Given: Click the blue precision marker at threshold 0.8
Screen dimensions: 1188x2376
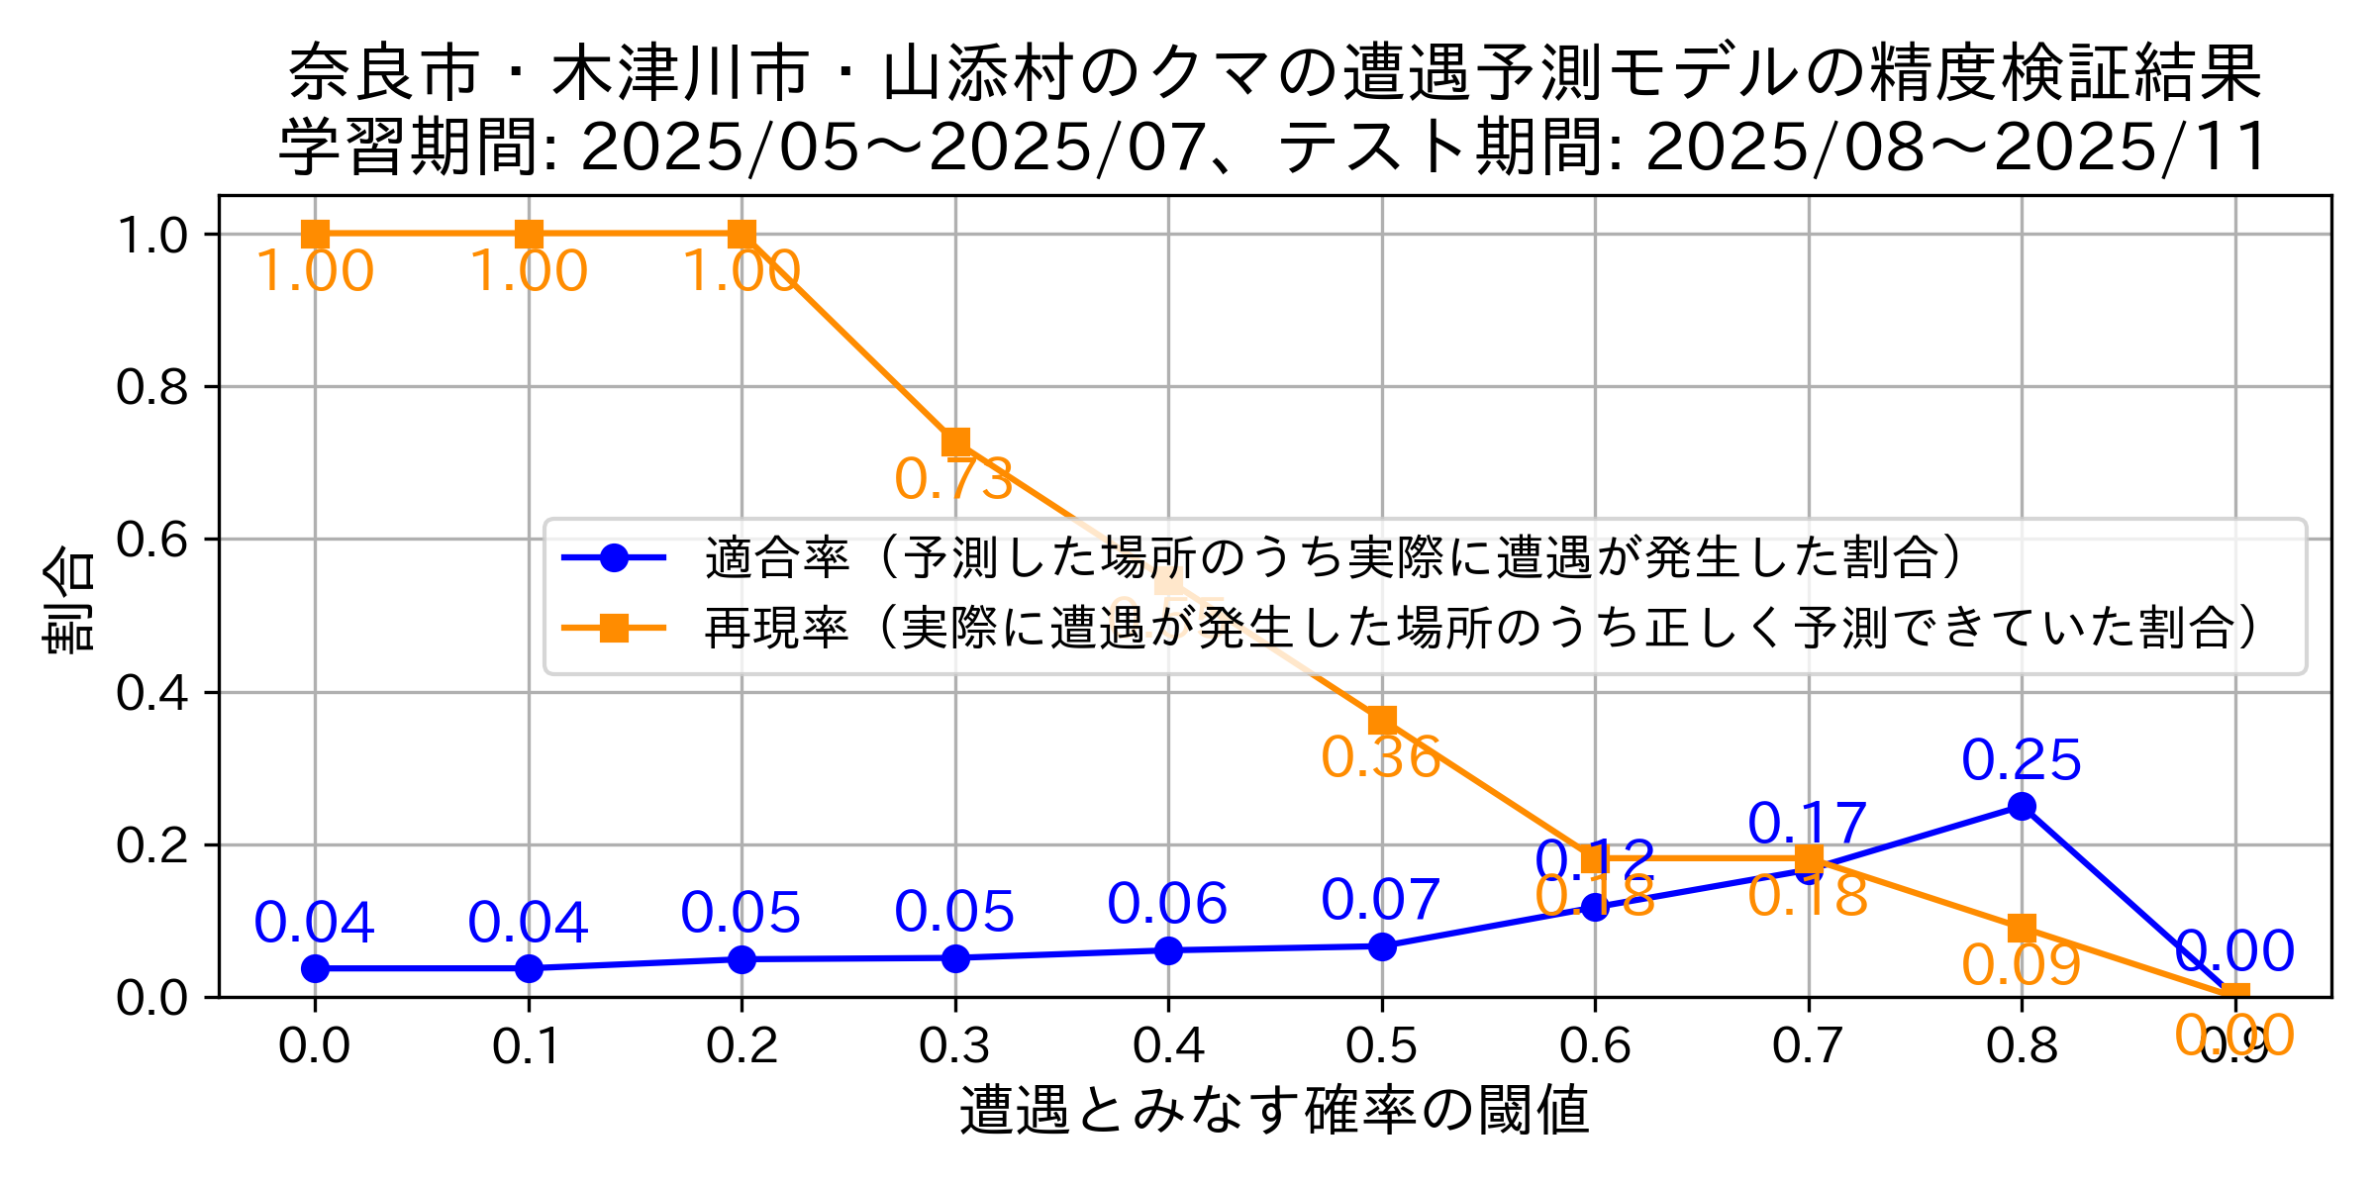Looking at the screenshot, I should (2022, 806).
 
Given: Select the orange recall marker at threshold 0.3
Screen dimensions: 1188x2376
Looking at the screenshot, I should (955, 442).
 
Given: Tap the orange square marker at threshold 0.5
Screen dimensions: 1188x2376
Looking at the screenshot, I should (1382, 720).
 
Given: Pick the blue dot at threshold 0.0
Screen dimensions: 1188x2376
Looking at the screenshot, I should (315, 968).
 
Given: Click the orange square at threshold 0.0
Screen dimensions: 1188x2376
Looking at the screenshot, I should (315, 235).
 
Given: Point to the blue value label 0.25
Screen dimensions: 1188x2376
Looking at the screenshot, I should (2022, 760).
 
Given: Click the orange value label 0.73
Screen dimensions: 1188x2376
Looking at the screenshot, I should (953, 479).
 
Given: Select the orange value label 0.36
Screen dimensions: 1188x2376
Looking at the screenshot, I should (1380, 758).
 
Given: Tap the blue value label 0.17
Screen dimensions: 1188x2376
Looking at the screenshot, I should (1807, 823).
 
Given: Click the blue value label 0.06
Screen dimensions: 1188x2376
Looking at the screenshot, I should (1167, 904).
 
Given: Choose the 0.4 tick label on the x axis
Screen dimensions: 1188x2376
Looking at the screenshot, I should (1168, 1046).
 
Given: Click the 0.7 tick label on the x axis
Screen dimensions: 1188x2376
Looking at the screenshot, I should (1809, 1046).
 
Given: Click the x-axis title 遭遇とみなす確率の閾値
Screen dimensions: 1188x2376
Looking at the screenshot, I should (1274, 1110).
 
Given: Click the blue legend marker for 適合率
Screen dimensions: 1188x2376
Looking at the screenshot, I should (614, 558).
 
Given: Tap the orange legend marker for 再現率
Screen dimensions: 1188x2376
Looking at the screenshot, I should (614, 628).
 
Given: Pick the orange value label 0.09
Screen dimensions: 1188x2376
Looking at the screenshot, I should (2022, 965).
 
